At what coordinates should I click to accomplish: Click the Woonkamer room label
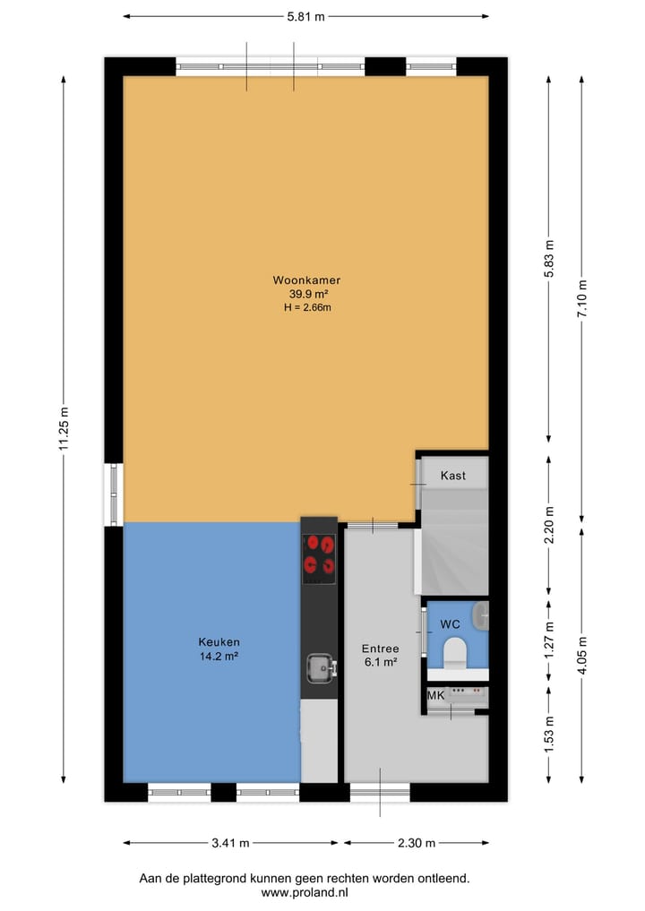click(306, 280)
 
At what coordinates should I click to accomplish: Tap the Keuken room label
click(219, 641)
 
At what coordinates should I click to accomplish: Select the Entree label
click(380, 649)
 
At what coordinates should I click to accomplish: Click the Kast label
click(452, 476)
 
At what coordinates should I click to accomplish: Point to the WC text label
click(450, 623)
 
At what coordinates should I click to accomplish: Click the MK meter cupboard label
click(435, 695)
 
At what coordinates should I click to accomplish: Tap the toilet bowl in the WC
click(456, 652)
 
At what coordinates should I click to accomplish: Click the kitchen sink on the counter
click(319, 666)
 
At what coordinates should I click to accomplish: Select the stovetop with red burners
click(319, 554)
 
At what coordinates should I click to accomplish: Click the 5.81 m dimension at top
click(305, 15)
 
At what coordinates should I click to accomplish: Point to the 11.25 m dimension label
click(64, 431)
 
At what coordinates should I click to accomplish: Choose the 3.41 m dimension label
click(230, 843)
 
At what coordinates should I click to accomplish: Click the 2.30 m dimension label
click(417, 843)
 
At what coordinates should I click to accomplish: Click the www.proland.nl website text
click(305, 893)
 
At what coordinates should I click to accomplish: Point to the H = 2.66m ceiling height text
click(306, 307)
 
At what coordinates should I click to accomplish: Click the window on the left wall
click(114, 494)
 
